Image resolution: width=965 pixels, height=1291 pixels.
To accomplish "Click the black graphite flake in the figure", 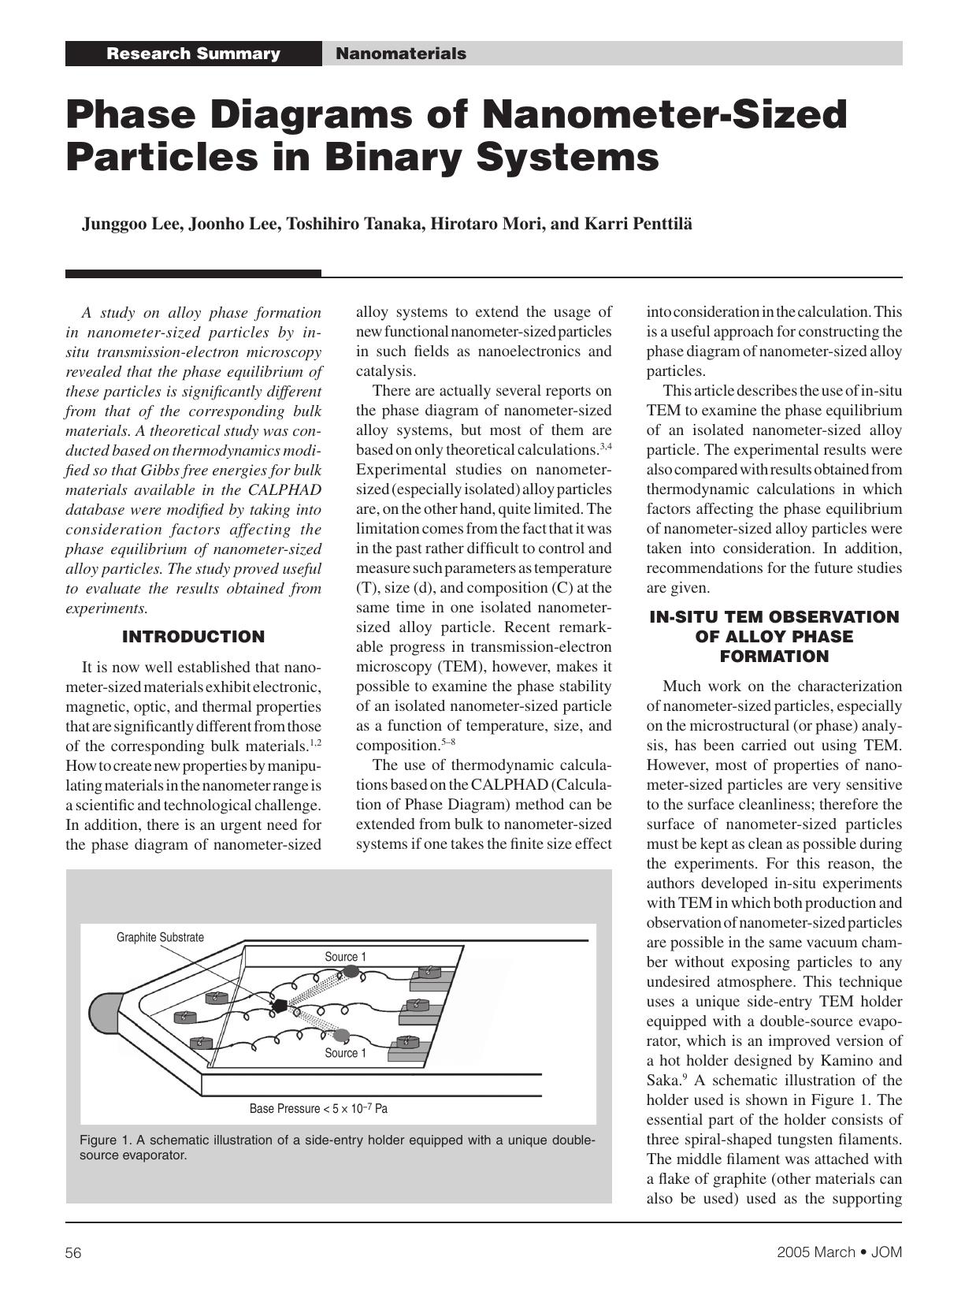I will (278, 1006).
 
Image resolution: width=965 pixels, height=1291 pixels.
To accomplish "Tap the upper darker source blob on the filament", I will (351, 972).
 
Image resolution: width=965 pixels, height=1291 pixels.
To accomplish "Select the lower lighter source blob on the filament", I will (342, 1034).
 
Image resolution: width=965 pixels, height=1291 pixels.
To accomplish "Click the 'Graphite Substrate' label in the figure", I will (160, 937).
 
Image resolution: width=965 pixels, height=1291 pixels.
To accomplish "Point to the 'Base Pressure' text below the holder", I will (318, 1108).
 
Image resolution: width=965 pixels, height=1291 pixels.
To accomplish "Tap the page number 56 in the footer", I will (73, 1253).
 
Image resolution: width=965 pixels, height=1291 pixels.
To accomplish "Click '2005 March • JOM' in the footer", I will (839, 1252).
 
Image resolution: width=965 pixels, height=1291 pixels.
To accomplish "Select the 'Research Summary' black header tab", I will (193, 54).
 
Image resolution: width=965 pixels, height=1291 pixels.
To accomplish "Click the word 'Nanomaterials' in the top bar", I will (400, 54).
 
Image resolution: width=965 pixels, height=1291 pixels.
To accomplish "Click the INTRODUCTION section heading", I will (193, 637).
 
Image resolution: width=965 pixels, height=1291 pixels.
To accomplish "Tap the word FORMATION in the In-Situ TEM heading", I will (774, 657).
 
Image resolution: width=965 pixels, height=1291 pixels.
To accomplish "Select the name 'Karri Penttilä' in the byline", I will (638, 224).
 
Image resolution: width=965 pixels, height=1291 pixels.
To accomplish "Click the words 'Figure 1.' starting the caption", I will (105, 1140).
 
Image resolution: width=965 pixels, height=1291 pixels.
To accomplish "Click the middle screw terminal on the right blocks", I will (418, 1006).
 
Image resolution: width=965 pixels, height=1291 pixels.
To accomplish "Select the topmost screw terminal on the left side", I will (216, 998).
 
